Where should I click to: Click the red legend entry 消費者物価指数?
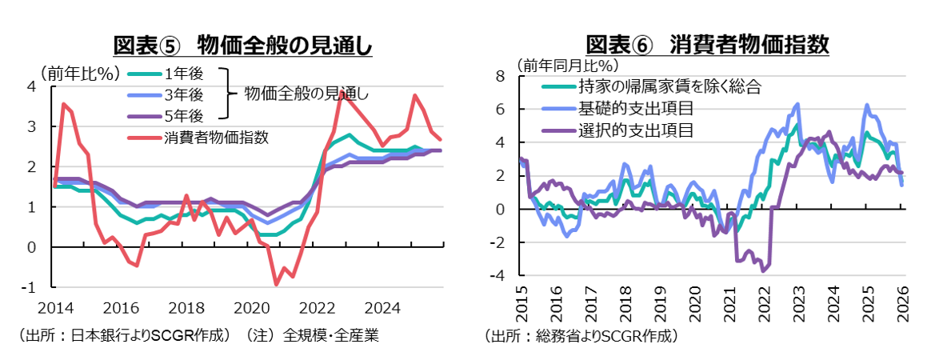pyautogui.click(x=216, y=137)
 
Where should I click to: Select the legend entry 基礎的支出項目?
pyautogui.click(x=635, y=107)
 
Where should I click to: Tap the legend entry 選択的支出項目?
pyautogui.click(x=635, y=128)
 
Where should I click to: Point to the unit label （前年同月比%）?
pyautogui.click(x=567, y=64)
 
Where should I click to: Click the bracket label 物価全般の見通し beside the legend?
pyautogui.click(x=306, y=94)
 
